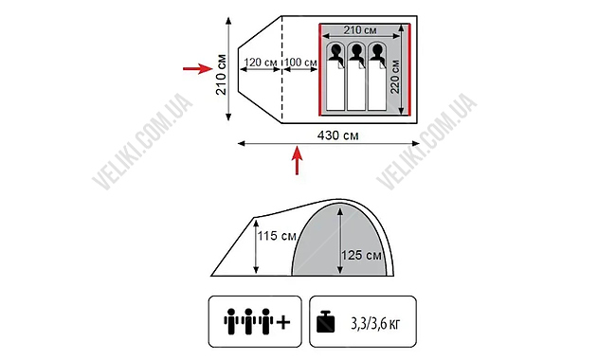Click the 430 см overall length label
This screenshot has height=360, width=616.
coord(338,135)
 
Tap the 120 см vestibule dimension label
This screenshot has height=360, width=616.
coord(261,63)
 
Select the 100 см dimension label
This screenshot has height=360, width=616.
coord(300,63)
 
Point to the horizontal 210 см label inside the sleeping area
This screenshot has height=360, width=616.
coord(360,30)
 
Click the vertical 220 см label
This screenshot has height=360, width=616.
coord(395,77)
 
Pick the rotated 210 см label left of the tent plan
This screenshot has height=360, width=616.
coord(221,75)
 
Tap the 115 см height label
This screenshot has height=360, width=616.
coord(277,236)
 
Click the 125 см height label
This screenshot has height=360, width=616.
coord(361,255)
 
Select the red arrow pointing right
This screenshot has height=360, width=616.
coord(198,69)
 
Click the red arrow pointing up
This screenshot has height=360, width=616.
coord(298,160)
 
